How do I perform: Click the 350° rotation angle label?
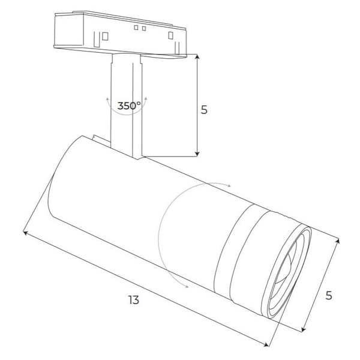click(x=129, y=106)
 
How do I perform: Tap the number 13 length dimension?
click(x=133, y=299)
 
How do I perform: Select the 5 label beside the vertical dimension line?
click(x=204, y=110)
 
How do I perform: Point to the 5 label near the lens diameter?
click(x=328, y=295)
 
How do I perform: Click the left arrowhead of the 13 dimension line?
click(x=25, y=232)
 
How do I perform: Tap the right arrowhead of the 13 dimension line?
click(x=268, y=344)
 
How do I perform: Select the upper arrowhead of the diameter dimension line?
click(x=338, y=241)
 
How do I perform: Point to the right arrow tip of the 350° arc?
click(x=145, y=97)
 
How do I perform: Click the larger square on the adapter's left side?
click(x=104, y=35)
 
